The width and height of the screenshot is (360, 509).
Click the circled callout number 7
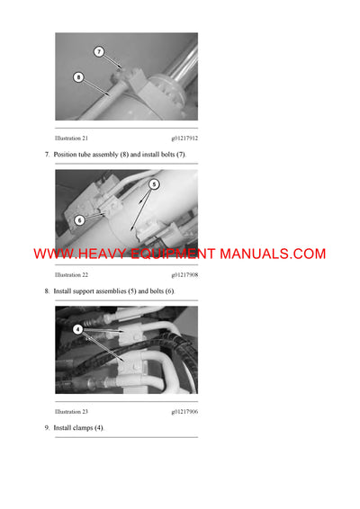coord(99,52)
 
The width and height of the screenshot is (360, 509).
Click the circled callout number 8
coord(78,77)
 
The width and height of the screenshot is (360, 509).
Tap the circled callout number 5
coord(154,183)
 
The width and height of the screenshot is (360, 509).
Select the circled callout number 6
coord(79,219)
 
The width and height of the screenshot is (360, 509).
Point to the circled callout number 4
coord(77,329)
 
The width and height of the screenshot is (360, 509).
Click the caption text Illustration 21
coord(71,138)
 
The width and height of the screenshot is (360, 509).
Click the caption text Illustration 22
coord(71,274)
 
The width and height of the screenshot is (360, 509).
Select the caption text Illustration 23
coord(71,410)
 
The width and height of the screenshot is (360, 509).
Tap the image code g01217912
coord(184,138)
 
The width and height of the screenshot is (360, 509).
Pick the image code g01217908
coord(184,274)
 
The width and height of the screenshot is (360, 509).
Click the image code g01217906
coord(184,410)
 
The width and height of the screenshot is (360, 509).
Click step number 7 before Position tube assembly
coord(47,156)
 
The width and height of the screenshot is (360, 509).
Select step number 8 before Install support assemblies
coord(47,291)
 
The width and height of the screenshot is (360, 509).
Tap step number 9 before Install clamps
coord(47,427)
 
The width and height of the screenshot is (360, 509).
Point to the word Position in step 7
coord(67,156)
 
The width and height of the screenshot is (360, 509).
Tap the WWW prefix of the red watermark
coord(50,254)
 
